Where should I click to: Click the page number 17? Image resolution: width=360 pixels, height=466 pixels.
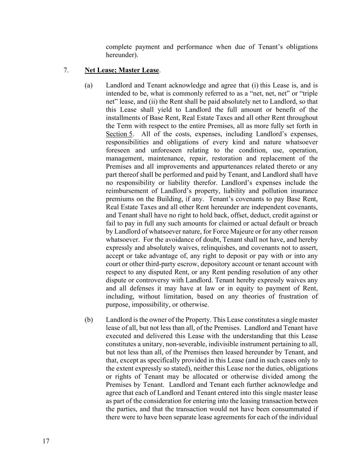coord(46,441)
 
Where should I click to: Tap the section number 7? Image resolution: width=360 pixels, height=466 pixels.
coord(66,70)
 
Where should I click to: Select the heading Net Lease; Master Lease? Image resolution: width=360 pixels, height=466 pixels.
coord(122,70)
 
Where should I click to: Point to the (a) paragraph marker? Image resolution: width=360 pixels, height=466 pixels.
coord(89,85)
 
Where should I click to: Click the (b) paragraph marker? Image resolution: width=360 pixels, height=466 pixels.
coord(89,320)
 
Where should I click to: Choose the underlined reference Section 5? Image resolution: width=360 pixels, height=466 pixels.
coord(119,134)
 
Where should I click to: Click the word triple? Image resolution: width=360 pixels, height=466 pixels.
coord(308,94)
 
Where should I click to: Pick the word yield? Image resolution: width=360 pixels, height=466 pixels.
coord(165,110)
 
